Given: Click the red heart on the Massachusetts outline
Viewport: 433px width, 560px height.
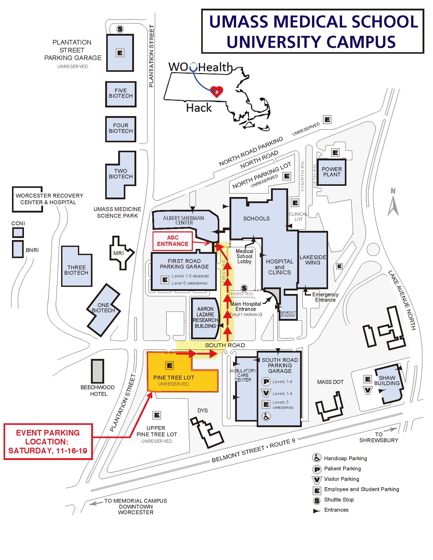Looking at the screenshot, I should [x=216, y=91].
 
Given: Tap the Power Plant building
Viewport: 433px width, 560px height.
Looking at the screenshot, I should [x=331, y=172].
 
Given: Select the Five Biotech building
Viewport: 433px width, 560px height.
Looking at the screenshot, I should [x=120, y=94].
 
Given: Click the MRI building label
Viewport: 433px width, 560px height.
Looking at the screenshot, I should [x=118, y=253].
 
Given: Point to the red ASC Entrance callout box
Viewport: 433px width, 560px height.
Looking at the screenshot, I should [x=173, y=241].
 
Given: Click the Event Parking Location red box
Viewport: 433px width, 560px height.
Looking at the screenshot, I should [x=48, y=442].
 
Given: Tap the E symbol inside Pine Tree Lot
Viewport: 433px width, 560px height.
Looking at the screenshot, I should [x=170, y=365].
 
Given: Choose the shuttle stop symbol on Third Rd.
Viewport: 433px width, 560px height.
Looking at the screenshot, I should [x=244, y=288].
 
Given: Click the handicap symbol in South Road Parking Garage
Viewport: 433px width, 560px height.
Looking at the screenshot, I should [x=266, y=416].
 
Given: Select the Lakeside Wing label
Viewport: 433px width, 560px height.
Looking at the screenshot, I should [x=313, y=260].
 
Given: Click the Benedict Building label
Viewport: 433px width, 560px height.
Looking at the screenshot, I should [x=288, y=314].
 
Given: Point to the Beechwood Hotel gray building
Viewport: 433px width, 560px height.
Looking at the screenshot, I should [x=98, y=371].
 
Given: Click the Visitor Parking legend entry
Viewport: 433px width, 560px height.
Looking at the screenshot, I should [x=341, y=479].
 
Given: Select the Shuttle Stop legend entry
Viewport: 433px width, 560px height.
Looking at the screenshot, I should [x=339, y=499].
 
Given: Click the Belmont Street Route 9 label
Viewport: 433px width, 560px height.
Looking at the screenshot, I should [x=253, y=451].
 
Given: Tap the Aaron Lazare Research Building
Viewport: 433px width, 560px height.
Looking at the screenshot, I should [x=205, y=317].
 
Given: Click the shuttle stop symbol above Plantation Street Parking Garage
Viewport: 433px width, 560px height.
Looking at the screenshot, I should [x=120, y=29].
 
